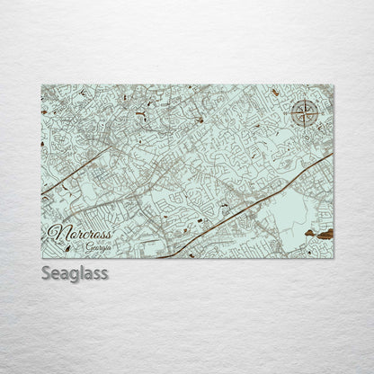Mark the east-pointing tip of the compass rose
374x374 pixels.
(319, 113)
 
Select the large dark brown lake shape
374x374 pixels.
(321, 234)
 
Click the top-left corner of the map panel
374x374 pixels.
(41, 85)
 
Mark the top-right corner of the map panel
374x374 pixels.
(334, 85)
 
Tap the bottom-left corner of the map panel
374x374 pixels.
(41, 258)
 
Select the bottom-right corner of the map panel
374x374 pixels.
(334, 258)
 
